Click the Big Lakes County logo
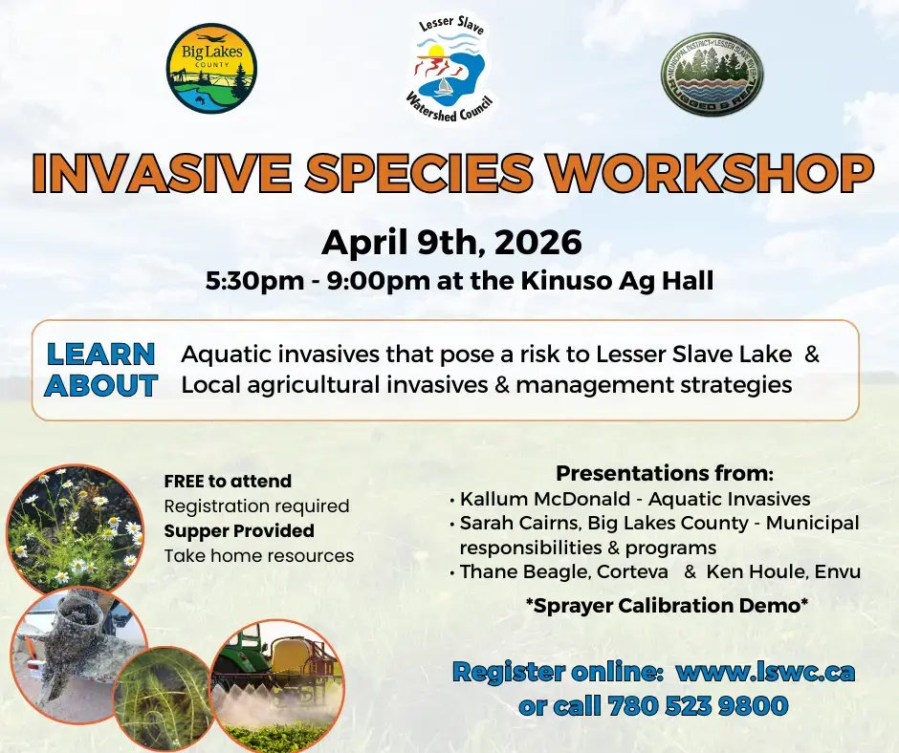coord(210,69)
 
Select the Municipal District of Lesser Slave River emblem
coord(705,75)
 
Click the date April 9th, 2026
coord(451,242)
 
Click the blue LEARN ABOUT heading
coord(101,370)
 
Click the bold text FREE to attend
coord(228,481)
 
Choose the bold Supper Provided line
coord(239,530)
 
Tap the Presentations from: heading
coord(665,473)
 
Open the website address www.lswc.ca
coord(765,672)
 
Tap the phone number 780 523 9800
coord(697,706)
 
